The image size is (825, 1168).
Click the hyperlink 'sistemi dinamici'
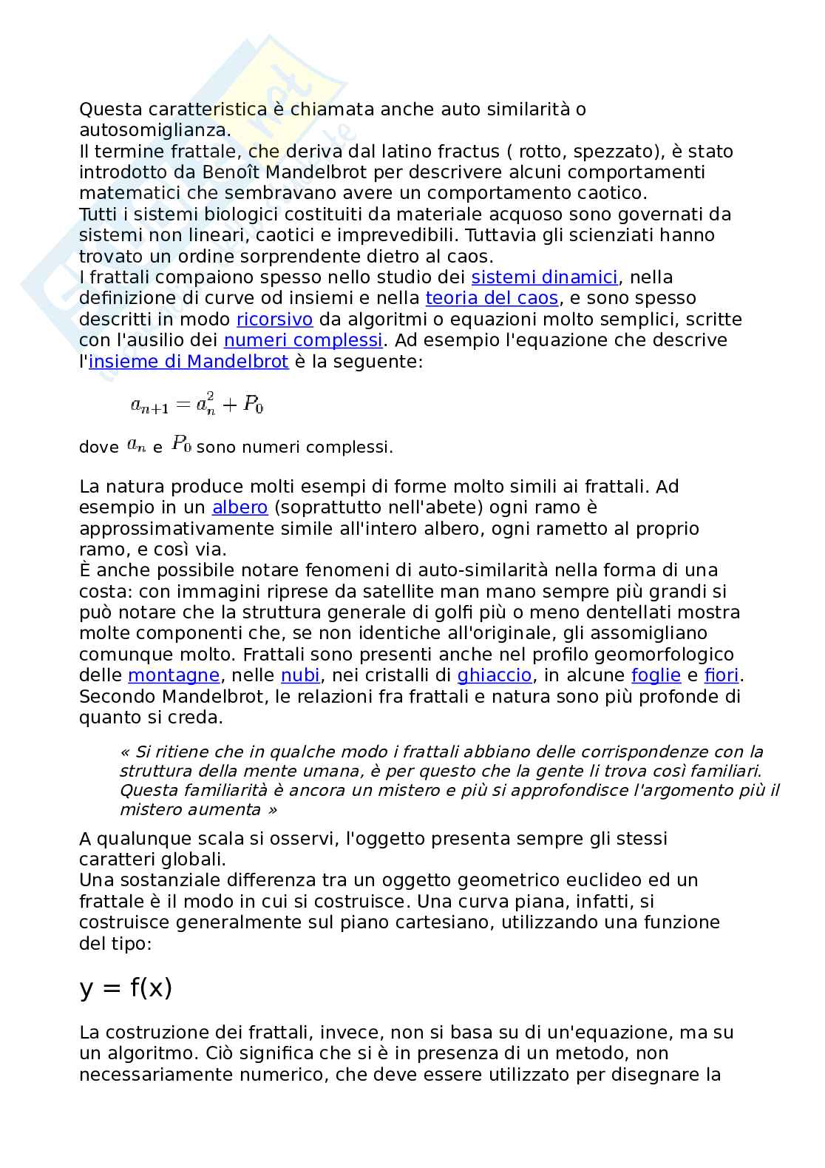tap(544, 277)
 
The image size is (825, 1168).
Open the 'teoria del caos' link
tap(492, 298)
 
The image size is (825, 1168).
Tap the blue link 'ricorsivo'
tap(274, 320)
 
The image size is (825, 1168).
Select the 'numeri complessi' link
tap(303, 340)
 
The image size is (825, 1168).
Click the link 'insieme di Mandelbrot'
tap(188, 362)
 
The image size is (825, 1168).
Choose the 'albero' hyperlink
tap(240, 507)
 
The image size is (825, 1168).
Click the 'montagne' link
tap(174, 675)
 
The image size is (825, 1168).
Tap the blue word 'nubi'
tap(300, 675)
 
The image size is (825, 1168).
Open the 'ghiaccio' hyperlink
tap(494, 675)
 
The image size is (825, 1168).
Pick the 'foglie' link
tap(656, 675)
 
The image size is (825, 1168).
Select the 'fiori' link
tap(722, 675)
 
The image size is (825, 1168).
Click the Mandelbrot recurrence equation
tap(197, 404)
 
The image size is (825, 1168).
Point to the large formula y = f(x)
tap(126, 988)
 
